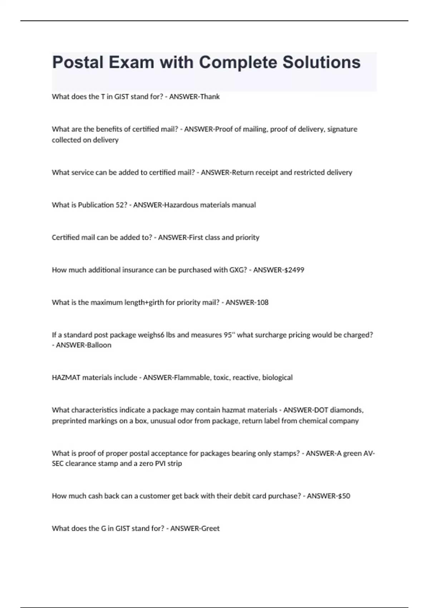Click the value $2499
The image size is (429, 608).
coord(294,270)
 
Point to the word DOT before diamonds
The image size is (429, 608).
coord(321,410)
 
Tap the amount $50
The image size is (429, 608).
coord(344,496)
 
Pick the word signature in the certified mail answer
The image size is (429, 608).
coord(342,129)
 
